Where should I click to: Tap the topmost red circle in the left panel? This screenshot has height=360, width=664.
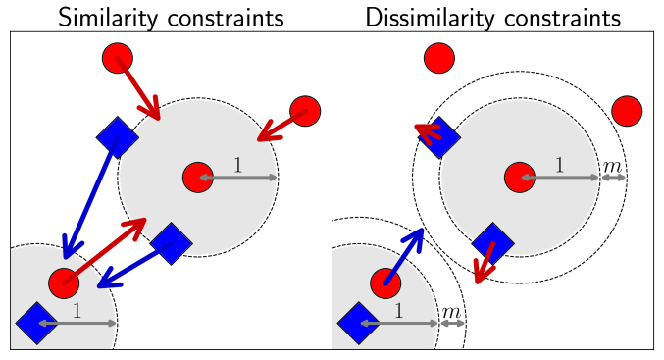(x=118, y=58)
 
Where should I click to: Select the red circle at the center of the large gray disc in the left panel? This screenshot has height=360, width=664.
(x=198, y=178)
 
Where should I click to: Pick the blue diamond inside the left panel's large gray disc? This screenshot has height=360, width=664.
(x=171, y=243)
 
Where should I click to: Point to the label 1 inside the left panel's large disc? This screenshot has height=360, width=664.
(x=237, y=166)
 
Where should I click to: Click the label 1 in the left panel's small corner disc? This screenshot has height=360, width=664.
(x=77, y=311)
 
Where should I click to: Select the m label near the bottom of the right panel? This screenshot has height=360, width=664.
(x=451, y=312)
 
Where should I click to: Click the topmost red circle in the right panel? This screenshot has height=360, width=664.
(x=438, y=59)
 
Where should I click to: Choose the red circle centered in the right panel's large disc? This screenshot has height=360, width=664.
(x=520, y=178)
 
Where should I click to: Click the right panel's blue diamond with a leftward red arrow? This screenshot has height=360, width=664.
(x=440, y=137)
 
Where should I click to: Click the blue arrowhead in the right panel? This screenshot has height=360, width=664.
(x=417, y=236)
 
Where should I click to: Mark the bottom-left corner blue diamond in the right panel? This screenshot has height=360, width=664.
(x=358, y=323)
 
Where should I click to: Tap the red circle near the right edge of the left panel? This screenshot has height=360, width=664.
(x=305, y=111)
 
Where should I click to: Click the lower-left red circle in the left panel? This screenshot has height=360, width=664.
(x=64, y=283)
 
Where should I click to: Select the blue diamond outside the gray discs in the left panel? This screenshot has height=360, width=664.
(x=118, y=136)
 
